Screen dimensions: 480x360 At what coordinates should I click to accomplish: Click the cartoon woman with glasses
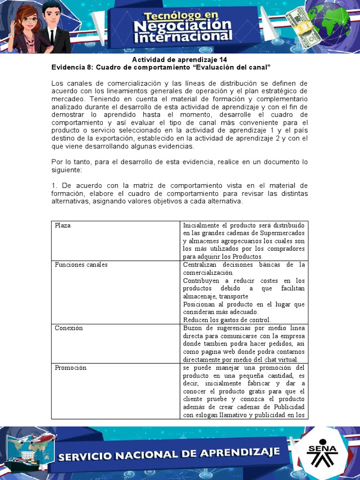(28, 28)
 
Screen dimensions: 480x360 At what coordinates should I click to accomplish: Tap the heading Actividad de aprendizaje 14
(180, 60)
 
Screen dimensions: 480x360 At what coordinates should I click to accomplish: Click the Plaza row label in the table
(63, 225)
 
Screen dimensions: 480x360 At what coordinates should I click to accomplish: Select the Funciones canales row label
(81, 265)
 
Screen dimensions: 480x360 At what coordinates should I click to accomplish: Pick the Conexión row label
(69, 328)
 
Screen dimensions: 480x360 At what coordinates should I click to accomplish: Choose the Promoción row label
(71, 368)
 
